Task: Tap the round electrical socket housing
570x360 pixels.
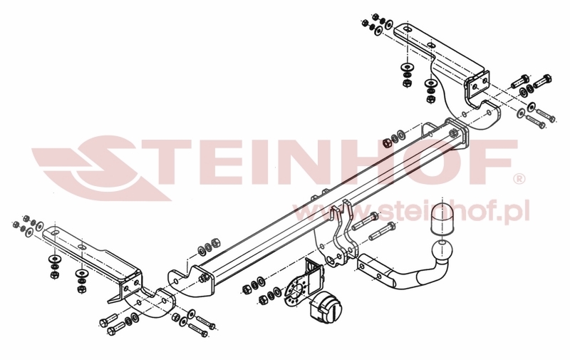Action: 326,309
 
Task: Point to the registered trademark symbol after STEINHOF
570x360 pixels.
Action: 519,178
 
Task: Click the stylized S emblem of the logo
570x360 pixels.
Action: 102,168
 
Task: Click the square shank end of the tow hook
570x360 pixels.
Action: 370,268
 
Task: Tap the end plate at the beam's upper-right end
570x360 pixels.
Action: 457,134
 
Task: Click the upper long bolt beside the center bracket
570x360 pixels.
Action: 366,221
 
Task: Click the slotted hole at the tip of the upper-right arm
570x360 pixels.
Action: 406,29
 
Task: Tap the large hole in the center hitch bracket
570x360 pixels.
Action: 330,260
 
